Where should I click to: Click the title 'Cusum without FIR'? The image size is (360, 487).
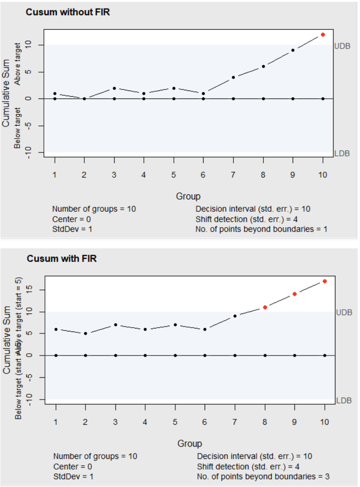68,12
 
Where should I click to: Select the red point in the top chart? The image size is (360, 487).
323,34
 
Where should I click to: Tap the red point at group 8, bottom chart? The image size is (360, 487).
265,307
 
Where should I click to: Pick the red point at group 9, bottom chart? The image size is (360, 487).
295,294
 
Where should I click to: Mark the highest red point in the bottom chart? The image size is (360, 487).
325,281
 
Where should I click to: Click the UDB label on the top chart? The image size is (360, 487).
343,46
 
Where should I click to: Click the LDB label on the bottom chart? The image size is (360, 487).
344,400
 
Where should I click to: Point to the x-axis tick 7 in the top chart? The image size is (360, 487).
233,174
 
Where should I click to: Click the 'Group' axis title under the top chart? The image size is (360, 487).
188,197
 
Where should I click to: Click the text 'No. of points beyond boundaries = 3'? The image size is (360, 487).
263,476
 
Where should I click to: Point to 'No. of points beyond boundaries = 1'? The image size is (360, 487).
261,229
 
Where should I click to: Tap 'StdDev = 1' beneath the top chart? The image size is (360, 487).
72,229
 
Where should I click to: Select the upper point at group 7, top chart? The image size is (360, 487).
233,77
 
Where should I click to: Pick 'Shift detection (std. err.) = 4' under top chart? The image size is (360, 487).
247,219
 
